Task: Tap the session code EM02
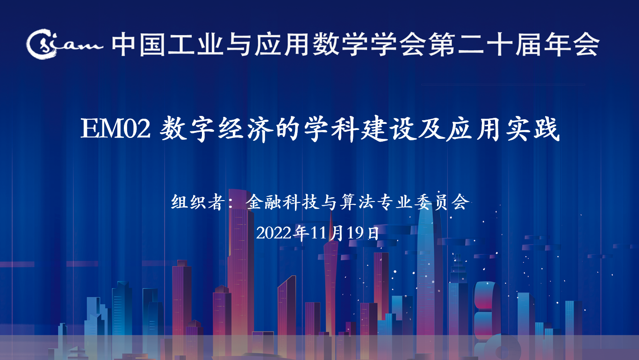tap(115, 129)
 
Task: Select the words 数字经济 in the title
tap(215, 129)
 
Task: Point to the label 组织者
tap(196, 202)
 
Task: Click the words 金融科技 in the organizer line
tap(282, 202)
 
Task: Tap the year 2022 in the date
tap(273, 233)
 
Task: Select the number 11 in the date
tap(318, 233)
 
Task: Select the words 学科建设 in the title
tap(360, 129)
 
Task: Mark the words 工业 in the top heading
tap(195, 44)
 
